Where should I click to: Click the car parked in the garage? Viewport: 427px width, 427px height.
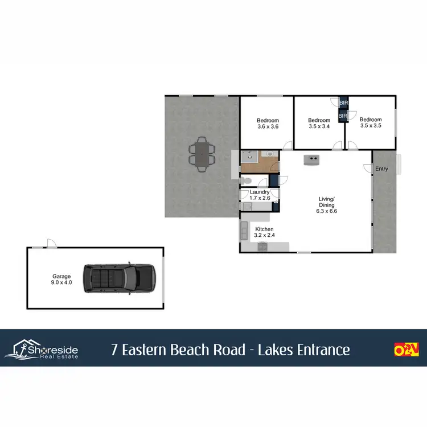click(x=120, y=277)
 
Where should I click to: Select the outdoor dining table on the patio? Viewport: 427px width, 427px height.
click(x=203, y=154)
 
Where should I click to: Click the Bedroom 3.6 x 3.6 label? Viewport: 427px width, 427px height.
click(x=268, y=123)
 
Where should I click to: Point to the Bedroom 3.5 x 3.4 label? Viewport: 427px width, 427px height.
click(x=319, y=123)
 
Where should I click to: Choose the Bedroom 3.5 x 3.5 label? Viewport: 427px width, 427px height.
click(x=370, y=122)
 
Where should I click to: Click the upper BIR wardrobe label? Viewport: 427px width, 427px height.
click(x=343, y=103)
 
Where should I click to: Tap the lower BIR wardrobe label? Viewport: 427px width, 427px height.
click(x=343, y=116)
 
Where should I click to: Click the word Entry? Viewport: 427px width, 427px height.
click(x=381, y=169)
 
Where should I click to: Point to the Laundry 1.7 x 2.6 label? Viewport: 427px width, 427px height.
click(x=260, y=195)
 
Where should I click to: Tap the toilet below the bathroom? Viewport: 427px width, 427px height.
click(x=245, y=180)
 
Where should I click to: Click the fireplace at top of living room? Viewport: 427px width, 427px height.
click(x=311, y=159)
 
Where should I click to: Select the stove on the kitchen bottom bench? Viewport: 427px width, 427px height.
click(x=262, y=247)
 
